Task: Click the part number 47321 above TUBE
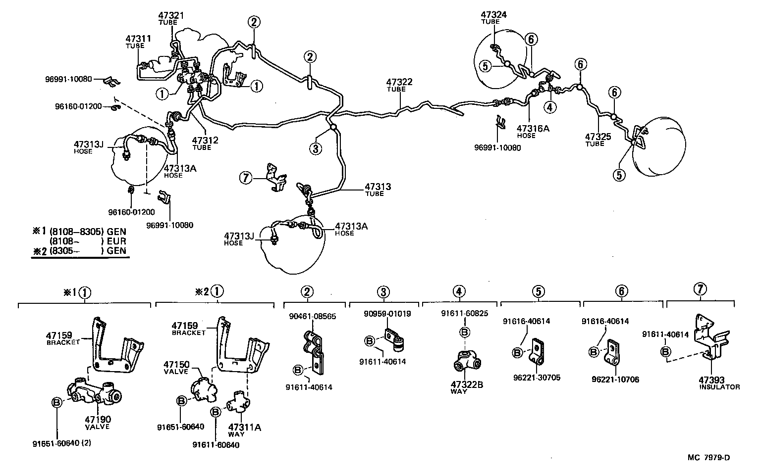(x=171, y=15)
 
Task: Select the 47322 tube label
(x=399, y=82)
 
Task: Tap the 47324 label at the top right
(x=493, y=15)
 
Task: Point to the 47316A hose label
(x=532, y=129)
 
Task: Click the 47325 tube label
(x=598, y=137)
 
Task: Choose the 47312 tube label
(x=205, y=141)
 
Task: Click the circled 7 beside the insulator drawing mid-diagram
(x=246, y=177)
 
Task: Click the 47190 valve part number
(x=97, y=420)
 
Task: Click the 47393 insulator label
(x=711, y=380)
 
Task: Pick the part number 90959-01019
(x=387, y=313)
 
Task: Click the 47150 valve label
(x=177, y=364)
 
